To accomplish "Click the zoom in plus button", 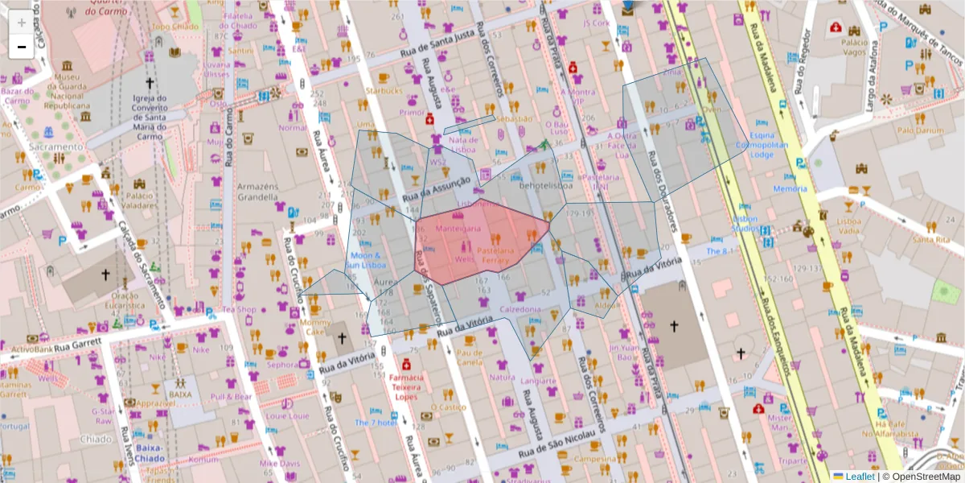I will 21,23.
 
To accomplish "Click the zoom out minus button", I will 21,47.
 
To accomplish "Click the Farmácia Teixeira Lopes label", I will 406,387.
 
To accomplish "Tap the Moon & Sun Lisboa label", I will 367,260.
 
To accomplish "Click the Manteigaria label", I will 458,229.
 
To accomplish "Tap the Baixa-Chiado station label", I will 150,452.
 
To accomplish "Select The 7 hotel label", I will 376,422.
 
